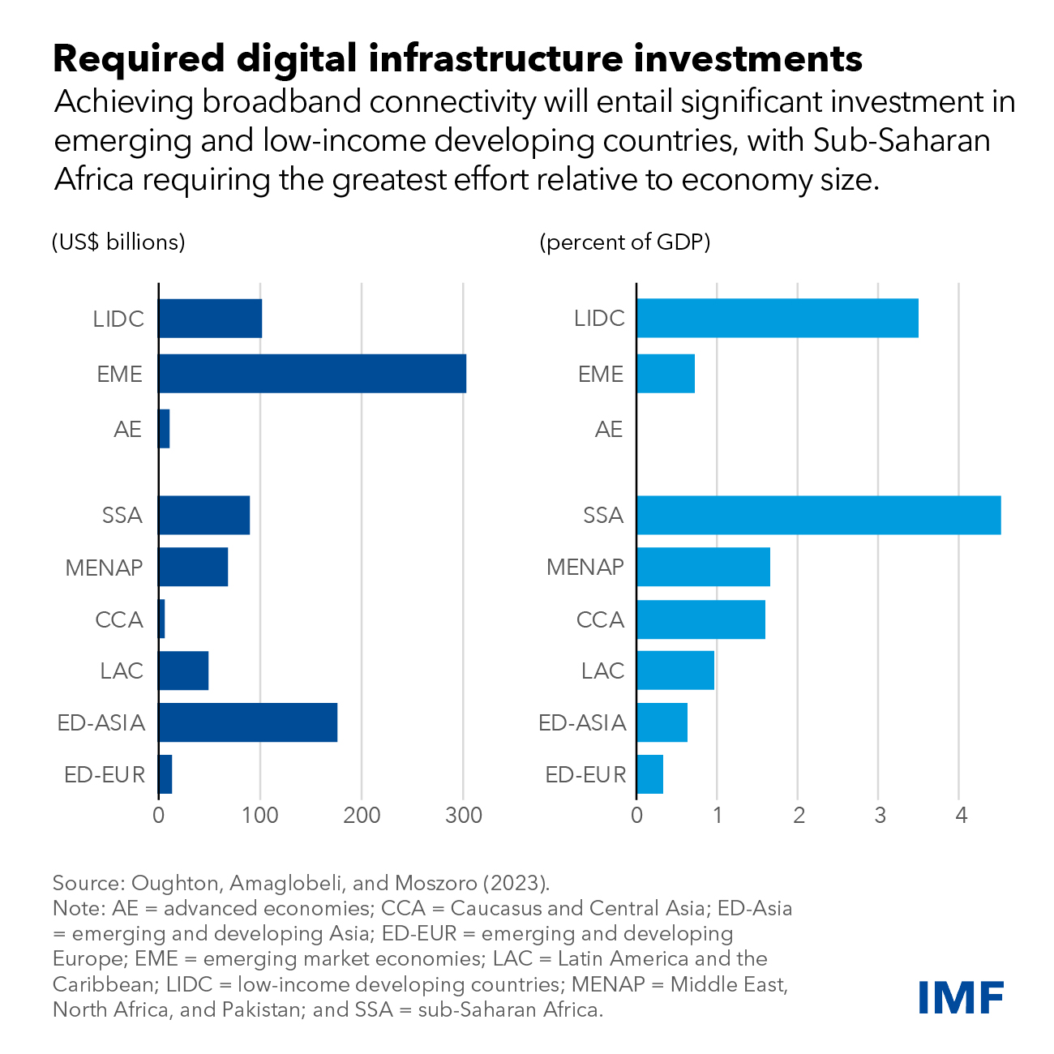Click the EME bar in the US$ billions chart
point(312,374)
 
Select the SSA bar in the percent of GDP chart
point(818,515)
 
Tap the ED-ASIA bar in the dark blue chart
point(247,722)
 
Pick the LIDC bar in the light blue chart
point(777,318)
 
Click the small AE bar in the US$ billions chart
point(165,429)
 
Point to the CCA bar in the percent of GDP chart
point(701,619)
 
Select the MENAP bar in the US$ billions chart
point(193,567)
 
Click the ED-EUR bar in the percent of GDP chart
point(649,774)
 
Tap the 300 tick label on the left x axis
point(464,815)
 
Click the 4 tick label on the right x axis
point(961,815)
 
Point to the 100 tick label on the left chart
point(260,815)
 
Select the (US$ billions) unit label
point(118,242)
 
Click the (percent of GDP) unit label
point(624,242)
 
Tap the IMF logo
point(961,996)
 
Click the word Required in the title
point(139,58)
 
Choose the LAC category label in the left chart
point(122,671)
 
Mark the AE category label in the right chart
point(609,429)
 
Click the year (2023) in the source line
point(521,883)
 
